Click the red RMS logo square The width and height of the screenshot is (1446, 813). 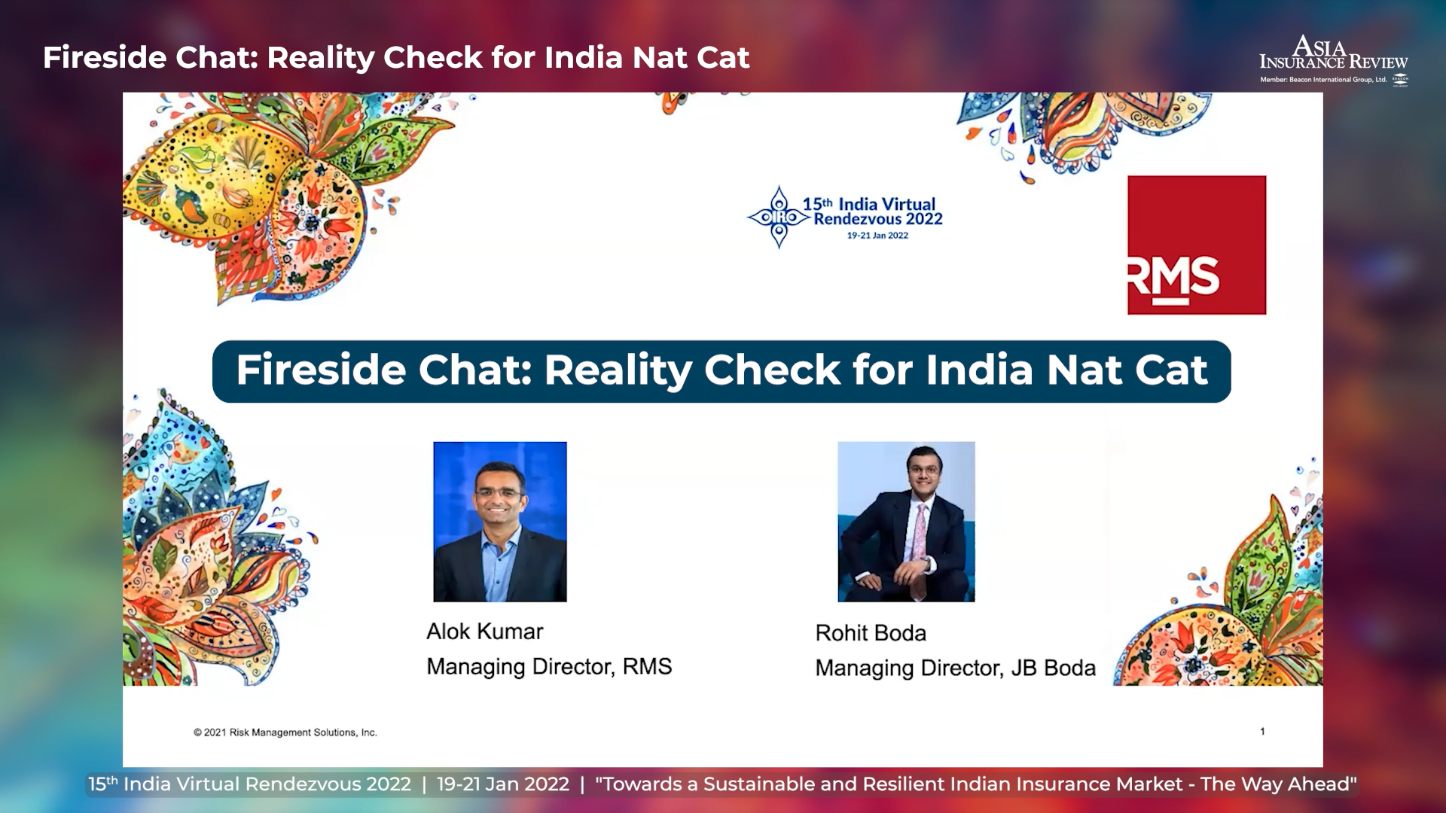1197,245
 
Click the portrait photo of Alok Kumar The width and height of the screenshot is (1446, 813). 500,522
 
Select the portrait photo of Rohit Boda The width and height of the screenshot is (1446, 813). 906,522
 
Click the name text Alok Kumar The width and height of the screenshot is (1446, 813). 484,632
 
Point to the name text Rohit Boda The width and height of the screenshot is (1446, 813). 871,633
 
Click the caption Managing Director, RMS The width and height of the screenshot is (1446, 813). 549,667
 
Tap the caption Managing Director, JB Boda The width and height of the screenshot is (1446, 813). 955,668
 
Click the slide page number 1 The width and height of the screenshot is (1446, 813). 1262,731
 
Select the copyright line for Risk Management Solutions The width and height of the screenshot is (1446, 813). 285,732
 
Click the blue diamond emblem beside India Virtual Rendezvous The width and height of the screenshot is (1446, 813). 779,218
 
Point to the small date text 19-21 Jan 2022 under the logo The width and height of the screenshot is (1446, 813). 877,236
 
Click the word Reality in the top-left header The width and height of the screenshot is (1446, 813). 320,59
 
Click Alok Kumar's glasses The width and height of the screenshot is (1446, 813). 499,494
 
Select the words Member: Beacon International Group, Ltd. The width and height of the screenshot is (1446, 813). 1323,80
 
